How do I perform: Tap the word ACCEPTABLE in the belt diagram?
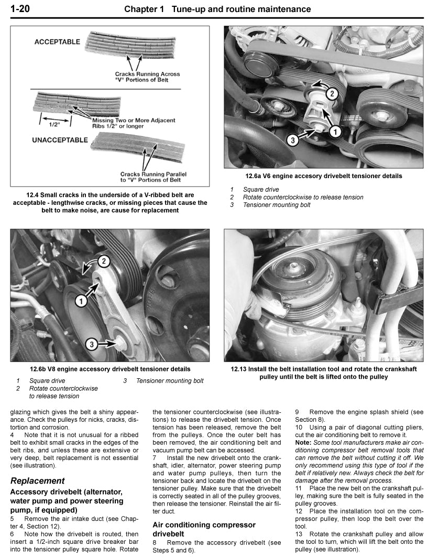click(57, 41)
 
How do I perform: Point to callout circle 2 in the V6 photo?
click(331, 94)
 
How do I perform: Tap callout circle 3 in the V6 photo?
click(293, 140)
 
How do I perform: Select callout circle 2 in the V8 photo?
click(104, 260)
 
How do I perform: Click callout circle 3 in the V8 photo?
click(91, 344)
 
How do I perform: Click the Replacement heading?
click(38, 480)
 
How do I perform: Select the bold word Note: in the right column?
click(303, 442)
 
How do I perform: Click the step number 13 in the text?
click(299, 534)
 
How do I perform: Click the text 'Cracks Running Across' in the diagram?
click(148, 74)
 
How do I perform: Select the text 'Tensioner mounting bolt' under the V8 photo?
click(170, 381)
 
